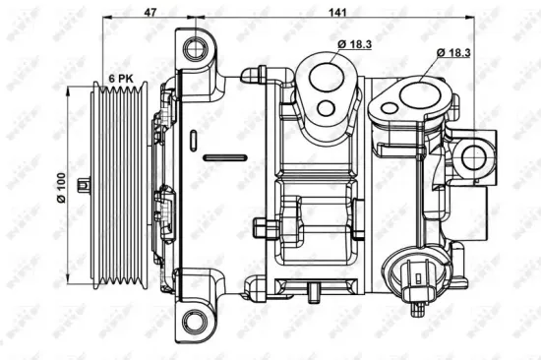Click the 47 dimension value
click(x=150, y=13)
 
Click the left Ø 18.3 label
click(x=354, y=44)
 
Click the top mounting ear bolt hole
click(x=197, y=45)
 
